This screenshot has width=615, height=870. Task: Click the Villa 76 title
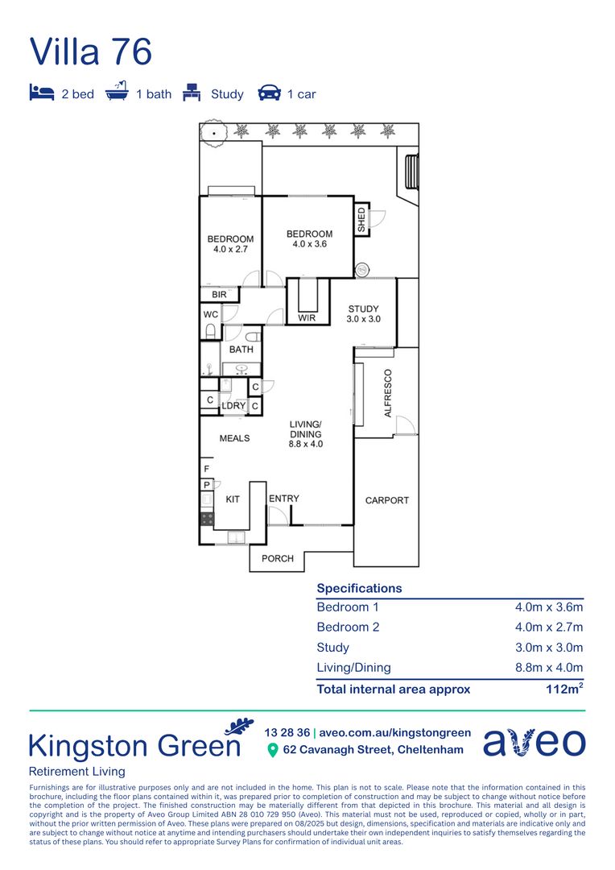[x=90, y=52]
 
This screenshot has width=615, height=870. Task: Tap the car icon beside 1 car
[x=270, y=93]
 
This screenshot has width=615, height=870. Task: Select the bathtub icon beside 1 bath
[x=117, y=91]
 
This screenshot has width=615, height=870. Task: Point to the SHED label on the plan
[x=361, y=220]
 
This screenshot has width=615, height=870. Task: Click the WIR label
[x=307, y=318]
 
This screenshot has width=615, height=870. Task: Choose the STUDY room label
[x=363, y=309]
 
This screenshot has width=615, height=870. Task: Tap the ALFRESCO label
[x=388, y=393]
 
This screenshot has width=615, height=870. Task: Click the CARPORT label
[x=387, y=500]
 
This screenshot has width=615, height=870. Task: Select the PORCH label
[x=277, y=558]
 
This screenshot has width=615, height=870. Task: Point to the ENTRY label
[x=284, y=499]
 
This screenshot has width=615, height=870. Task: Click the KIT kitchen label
[x=233, y=499]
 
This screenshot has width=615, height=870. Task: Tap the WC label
[x=211, y=314]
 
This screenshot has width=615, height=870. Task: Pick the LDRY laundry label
[x=233, y=405]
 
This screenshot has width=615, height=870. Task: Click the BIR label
[x=219, y=295]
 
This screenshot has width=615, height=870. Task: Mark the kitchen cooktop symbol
[x=207, y=519]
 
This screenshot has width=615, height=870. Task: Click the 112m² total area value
[x=564, y=689]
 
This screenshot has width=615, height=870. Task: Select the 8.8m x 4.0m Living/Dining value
[x=549, y=668]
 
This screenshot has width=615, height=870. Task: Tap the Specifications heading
[x=359, y=588]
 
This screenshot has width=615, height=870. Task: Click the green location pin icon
[x=272, y=750]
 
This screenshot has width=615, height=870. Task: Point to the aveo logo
[x=534, y=742]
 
